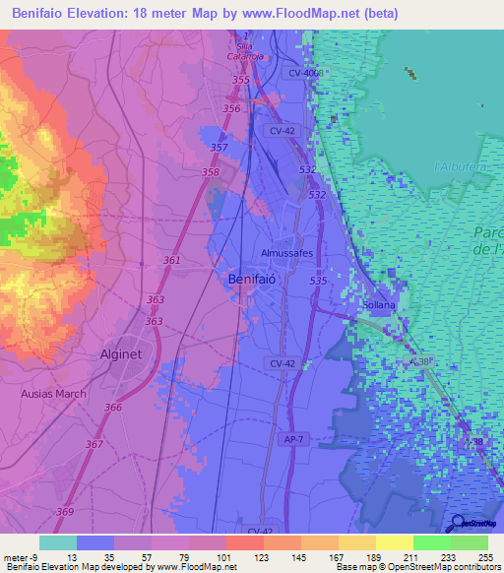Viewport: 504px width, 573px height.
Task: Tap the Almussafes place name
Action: (x=286, y=253)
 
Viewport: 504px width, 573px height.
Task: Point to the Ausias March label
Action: (x=53, y=394)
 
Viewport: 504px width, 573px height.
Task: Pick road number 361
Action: (x=172, y=261)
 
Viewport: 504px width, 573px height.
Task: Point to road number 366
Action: (x=113, y=408)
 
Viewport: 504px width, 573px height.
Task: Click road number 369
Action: (x=64, y=512)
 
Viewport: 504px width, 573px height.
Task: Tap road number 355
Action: (x=241, y=80)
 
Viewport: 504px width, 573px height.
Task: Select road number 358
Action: (x=211, y=172)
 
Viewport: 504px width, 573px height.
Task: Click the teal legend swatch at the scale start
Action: (x=57, y=542)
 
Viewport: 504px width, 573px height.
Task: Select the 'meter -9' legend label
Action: (x=19, y=556)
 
